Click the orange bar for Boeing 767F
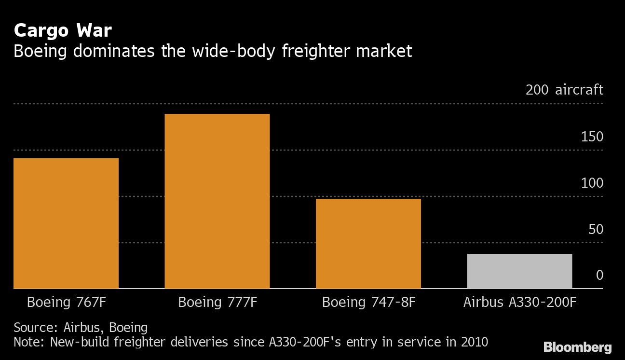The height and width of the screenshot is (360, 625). (66, 223)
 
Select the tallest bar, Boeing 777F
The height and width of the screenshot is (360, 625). (217, 201)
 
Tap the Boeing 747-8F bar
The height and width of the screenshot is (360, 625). (368, 244)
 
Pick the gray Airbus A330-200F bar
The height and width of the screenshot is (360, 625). (519, 271)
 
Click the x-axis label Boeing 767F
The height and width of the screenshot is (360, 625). (66, 303)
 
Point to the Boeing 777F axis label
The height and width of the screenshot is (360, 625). (217, 303)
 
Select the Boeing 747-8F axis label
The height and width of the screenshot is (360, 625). (368, 303)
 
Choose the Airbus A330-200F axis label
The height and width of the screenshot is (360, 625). (520, 303)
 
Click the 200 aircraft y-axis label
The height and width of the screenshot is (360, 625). (564, 90)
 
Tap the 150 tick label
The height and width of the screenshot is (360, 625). (592, 137)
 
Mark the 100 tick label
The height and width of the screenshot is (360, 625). (592, 183)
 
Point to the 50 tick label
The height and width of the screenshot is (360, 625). (596, 229)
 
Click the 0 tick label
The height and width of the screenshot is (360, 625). (599, 275)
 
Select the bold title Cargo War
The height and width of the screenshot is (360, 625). (63, 31)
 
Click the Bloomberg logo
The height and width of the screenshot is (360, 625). (577, 347)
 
